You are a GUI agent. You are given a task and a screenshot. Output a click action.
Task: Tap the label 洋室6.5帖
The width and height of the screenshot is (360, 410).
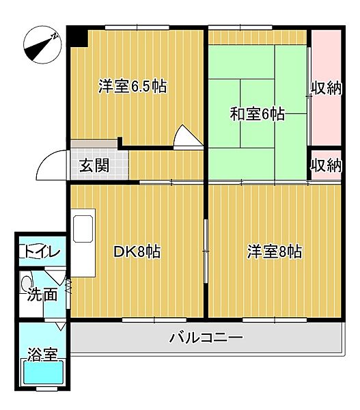point(133,87)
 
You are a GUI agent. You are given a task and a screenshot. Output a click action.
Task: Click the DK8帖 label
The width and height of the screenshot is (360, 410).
point(137,251)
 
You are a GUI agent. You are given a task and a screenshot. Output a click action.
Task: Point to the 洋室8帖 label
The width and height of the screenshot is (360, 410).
point(274,251)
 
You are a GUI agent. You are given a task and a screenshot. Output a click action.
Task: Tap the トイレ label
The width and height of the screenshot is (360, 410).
point(42,251)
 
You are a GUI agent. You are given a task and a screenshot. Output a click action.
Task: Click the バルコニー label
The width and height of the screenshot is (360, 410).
point(206,338)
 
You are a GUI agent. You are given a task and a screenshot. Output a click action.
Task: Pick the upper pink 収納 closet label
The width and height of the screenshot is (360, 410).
point(326,88)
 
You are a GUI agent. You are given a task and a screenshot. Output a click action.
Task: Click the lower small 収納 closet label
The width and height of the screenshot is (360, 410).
point(325,165)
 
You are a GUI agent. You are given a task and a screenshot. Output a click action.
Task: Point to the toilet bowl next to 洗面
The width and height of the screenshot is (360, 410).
point(27,281)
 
